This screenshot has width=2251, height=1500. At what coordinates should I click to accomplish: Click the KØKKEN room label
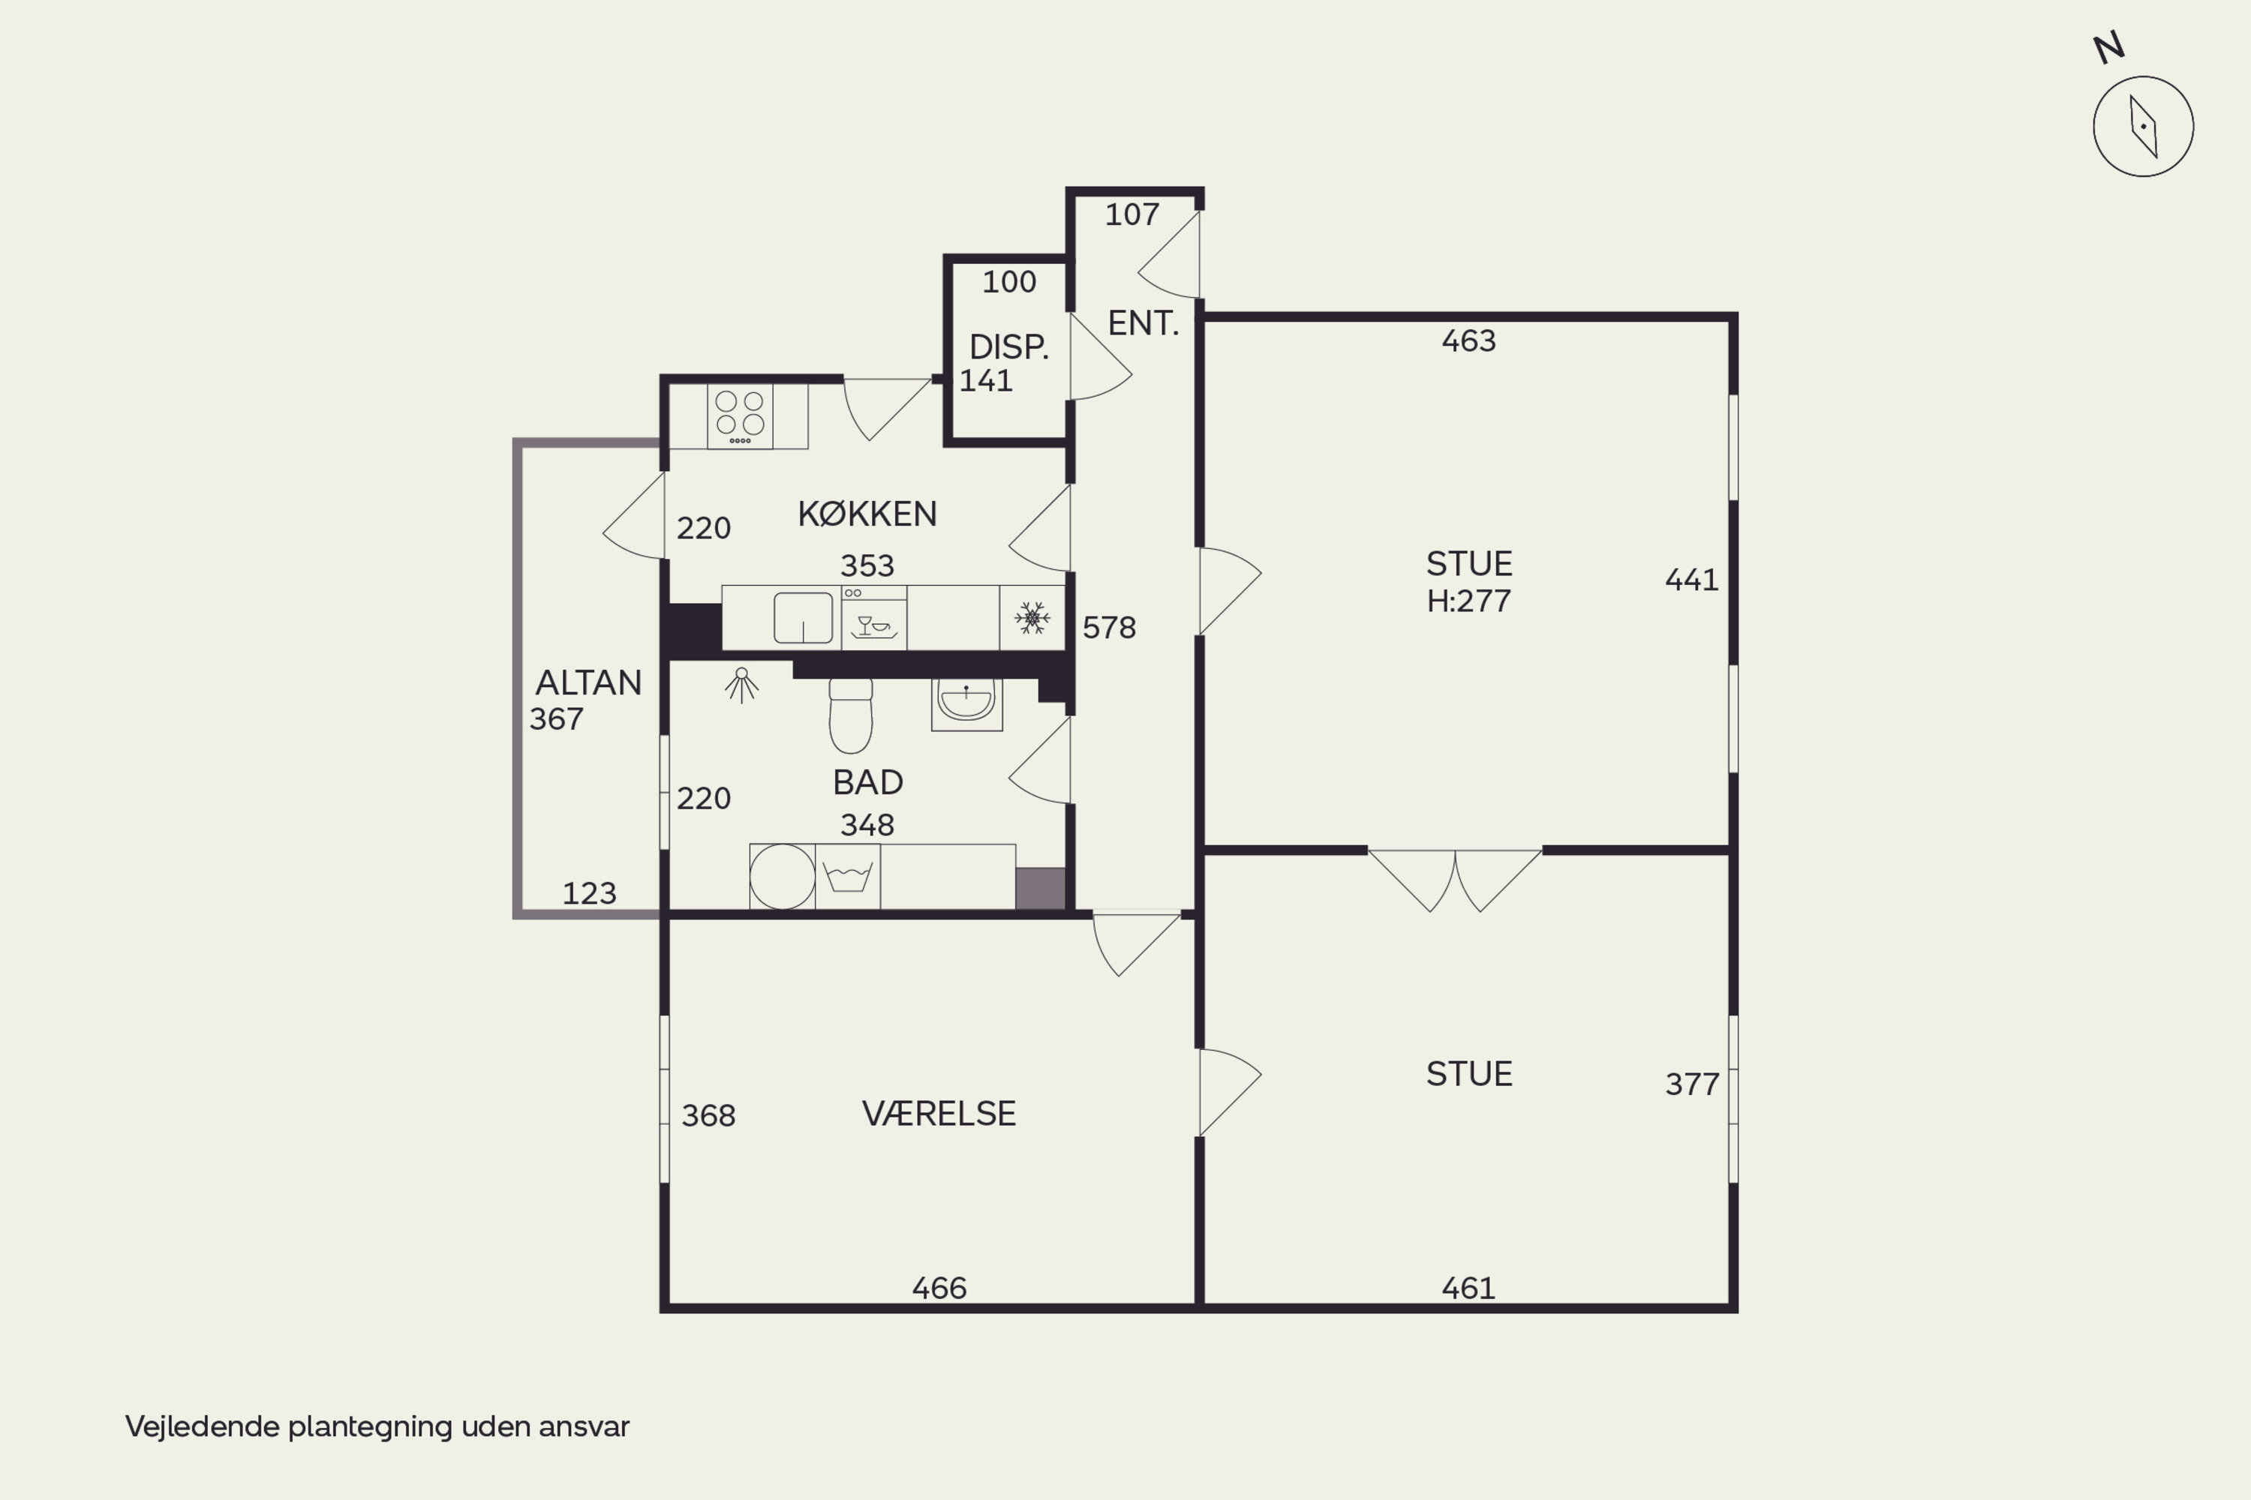click(x=867, y=514)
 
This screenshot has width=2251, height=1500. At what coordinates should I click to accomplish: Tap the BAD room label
click(x=868, y=782)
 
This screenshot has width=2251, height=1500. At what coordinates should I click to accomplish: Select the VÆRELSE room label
click(x=939, y=1114)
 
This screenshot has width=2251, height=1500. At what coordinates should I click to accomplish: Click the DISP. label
click(x=1008, y=346)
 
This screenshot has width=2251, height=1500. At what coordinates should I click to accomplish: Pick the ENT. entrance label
click(x=1143, y=323)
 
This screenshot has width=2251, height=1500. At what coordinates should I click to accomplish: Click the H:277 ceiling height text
click(x=1469, y=601)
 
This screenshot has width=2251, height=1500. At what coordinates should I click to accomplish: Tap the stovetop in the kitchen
click(x=740, y=416)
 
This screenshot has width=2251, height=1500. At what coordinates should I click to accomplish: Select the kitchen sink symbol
click(x=803, y=618)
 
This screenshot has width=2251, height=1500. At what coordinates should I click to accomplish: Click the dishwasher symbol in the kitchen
click(x=874, y=618)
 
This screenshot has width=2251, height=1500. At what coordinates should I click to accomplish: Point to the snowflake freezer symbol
click(x=1032, y=618)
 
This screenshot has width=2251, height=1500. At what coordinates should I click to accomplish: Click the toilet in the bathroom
click(x=851, y=715)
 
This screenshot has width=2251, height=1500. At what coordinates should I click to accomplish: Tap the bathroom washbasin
click(x=966, y=704)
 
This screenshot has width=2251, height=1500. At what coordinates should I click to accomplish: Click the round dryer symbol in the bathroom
click(x=782, y=876)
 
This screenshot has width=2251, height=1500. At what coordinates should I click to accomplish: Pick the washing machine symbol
click(x=848, y=876)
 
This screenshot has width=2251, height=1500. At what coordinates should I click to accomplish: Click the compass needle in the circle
click(x=2144, y=126)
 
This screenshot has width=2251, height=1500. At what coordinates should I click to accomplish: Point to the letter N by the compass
click(x=2109, y=48)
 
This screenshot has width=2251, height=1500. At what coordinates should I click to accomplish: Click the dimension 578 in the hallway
click(x=1109, y=628)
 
